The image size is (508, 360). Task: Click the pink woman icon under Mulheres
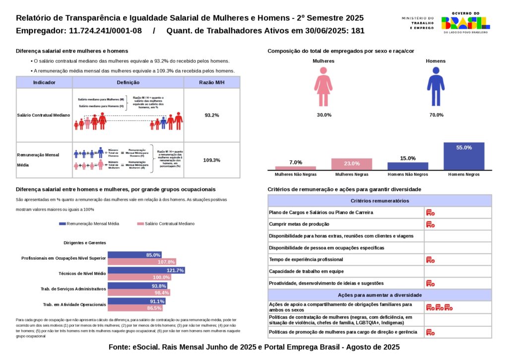tap(323, 86)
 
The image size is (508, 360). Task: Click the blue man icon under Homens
tap(436, 86)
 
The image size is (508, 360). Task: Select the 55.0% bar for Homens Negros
tap(464, 156)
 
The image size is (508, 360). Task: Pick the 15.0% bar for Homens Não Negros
tap(408, 166)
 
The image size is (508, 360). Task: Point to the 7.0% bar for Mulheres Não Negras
tap(296, 168)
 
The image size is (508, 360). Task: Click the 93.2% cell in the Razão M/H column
tap(212, 115)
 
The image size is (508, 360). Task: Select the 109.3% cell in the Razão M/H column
tap(212, 160)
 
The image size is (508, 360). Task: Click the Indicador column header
tap(44, 82)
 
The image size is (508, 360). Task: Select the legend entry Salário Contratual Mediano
tap(166, 224)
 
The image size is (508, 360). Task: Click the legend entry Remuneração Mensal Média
tap(89, 224)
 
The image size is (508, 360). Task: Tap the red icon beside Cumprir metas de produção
tap(430, 224)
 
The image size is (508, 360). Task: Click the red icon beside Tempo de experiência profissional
tap(430, 260)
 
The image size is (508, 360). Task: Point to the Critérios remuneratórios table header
tap(380, 201)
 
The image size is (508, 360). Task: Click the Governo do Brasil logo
tap(465, 22)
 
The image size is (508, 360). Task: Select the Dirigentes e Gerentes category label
tap(85, 243)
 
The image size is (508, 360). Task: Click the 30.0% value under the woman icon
tap(324, 115)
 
